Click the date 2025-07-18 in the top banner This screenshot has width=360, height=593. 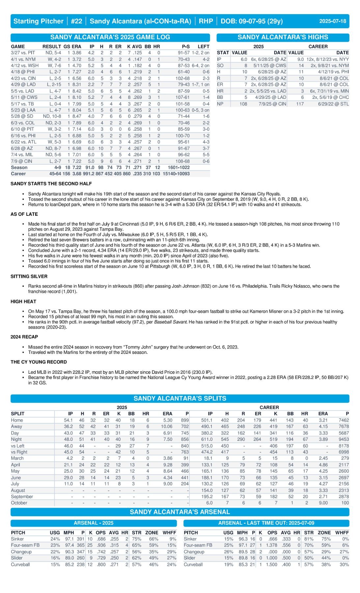[x=332, y=21]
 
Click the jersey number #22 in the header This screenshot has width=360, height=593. [x=76, y=21]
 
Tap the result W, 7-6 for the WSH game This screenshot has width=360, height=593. [x=54, y=66]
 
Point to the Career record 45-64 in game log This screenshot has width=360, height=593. [x=55, y=174]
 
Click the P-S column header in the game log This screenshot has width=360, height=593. [x=185, y=46]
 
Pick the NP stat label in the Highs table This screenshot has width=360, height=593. [x=220, y=104]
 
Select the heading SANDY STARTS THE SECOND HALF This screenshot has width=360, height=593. [x=51, y=184]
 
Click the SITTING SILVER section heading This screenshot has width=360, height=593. [x=29, y=276]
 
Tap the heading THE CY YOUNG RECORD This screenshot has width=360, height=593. [x=39, y=362]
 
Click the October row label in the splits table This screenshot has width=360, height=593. [x=19, y=503]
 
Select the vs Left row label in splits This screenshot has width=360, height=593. [x=18, y=446]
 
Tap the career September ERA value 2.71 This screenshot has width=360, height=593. [x=323, y=496]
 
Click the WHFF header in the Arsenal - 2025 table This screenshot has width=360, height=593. [x=169, y=532]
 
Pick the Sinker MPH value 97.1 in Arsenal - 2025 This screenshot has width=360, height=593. [x=69, y=539]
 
